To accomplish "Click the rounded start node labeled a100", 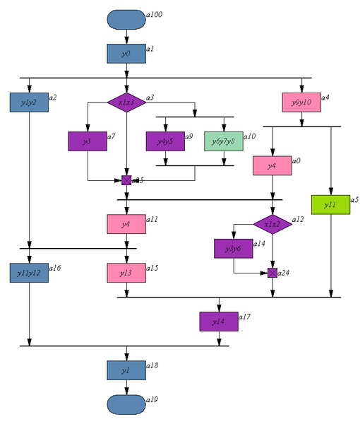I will pyautogui.click(x=126, y=20).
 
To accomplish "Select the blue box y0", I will pyautogui.click(x=126, y=54).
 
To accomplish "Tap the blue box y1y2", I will pyautogui.click(x=29, y=102).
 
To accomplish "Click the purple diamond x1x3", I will pyautogui.click(x=126, y=102).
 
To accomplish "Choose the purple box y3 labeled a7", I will pyautogui.click(x=87, y=141).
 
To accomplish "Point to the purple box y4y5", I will pyautogui.click(x=164, y=141).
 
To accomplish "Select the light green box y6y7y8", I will pyautogui.click(x=223, y=141).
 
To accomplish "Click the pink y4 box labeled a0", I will pyautogui.click(x=272, y=165).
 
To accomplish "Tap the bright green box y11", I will pyautogui.click(x=330, y=204).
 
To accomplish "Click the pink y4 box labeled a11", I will pyautogui.click(x=126, y=224).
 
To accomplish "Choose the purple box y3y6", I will pyautogui.click(x=233, y=249).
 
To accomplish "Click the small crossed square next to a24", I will pyautogui.click(x=272, y=273).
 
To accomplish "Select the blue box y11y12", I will pyautogui.click(x=29, y=273).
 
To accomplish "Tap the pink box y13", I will pyautogui.click(x=126, y=273).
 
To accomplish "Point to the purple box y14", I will pyautogui.click(x=218, y=322).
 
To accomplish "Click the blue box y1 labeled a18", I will pyautogui.click(x=126, y=370).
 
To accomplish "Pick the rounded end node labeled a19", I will pyautogui.click(x=126, y=403).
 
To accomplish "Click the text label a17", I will pyautogui.click(x=244, y=317).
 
